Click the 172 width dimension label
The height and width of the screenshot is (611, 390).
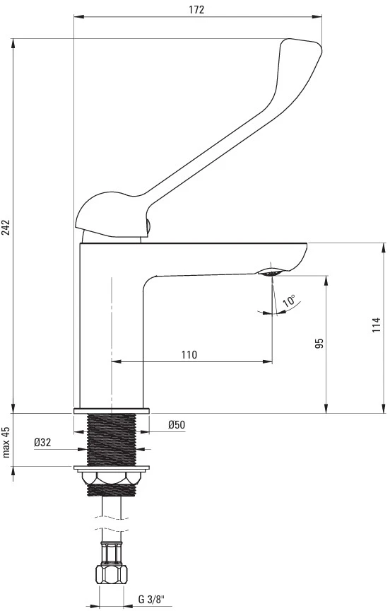point(196,10)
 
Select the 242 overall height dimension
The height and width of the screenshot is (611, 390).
point(6,228)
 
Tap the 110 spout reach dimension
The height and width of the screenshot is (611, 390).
point(189,354)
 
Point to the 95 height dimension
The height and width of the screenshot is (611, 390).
point(319,343)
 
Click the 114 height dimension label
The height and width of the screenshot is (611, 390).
point(376,325)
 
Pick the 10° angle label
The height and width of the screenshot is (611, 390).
point(289,302)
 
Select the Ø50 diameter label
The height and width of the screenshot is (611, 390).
point(177,425)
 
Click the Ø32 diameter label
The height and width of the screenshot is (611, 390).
point(42,442)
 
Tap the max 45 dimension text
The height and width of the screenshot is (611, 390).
point(6,442)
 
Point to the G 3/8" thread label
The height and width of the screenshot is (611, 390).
point(152,599)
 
